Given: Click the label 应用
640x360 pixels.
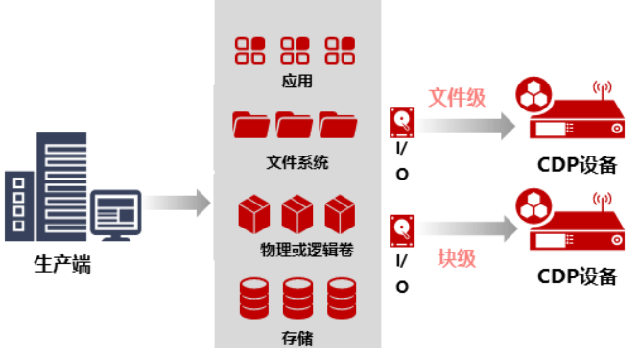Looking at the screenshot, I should coord(297,82).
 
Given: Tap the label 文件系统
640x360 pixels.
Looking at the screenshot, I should coord(297,162).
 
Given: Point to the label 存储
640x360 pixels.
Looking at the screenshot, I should coord(297,337).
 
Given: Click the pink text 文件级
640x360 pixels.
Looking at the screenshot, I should coord(457,97).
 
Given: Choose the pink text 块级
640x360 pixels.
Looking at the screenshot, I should coord(457,258).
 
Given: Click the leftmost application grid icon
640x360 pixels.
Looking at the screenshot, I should coord(250,51).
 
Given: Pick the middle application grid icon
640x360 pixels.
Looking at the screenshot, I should coord(296,51).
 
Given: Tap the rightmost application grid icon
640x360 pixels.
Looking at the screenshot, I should coord(341,51).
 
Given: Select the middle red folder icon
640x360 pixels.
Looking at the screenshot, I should coord(295,126).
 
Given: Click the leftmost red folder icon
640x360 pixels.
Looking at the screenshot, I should coord(250,126).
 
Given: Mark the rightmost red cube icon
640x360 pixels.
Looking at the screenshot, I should coord(341,214).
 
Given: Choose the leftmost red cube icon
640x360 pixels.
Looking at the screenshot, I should coord(253,214).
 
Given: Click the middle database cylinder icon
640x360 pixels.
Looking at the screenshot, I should coord(297,299).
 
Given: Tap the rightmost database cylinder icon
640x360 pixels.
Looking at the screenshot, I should coord(342,299).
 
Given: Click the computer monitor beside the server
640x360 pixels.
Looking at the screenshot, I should coord(115,213).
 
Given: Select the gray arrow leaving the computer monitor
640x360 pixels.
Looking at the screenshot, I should coord(177,203).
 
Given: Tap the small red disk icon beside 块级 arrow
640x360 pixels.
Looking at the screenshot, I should coord(401,231).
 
